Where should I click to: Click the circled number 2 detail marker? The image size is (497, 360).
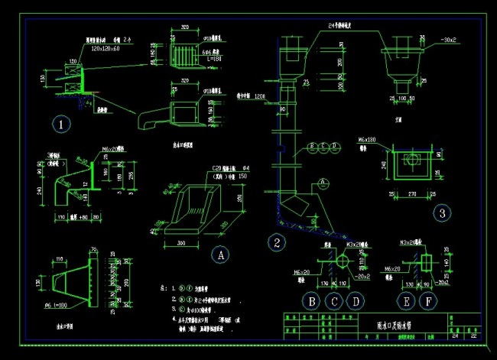tap(277, 243)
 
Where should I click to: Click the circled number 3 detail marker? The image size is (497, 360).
tap(441, 213)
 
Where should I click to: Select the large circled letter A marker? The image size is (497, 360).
tap(219, 254)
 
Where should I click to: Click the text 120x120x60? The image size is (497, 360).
tap(106, 47)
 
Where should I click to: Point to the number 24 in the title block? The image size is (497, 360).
tap(456, 335)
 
